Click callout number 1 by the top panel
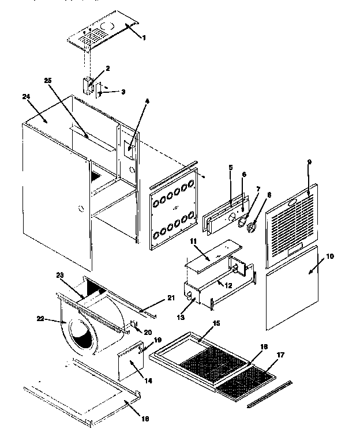(145, 37)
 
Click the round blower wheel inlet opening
(84, 334)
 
